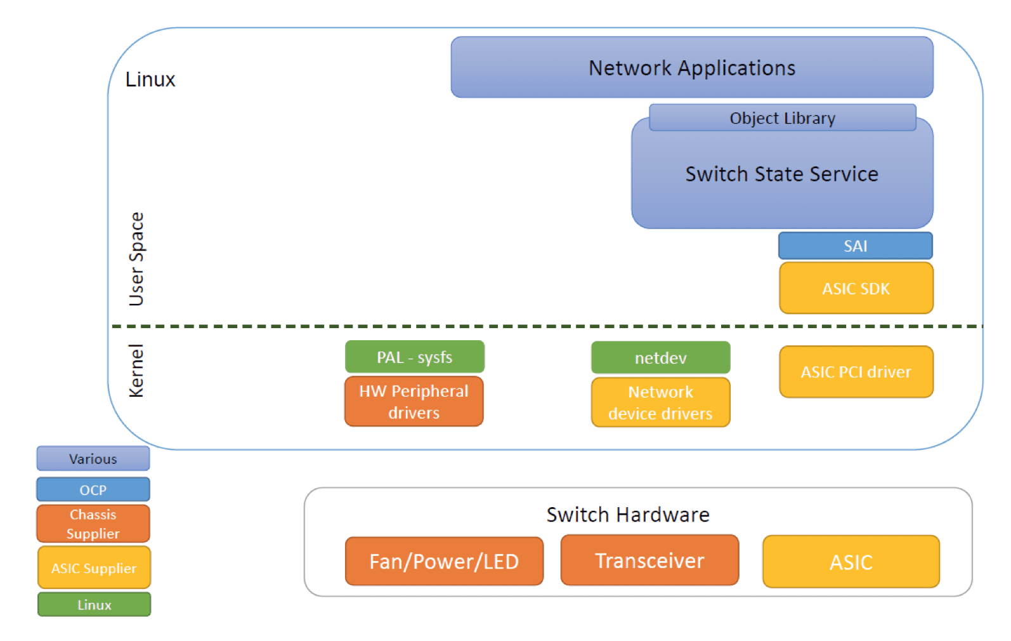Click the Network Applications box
692,67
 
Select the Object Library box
783,118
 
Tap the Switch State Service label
782,174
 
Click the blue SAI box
856,246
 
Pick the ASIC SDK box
856,288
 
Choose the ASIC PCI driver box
856,372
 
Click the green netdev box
661,357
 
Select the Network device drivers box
661,402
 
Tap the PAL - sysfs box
415,357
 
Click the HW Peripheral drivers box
414,402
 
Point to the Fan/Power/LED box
444,561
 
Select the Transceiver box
650,560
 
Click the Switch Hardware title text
629,515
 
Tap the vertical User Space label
136,259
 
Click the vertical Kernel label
136,371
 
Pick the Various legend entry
93,458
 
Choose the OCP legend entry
93,489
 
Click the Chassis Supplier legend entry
93,524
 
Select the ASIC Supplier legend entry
94,567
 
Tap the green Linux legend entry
94,604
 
